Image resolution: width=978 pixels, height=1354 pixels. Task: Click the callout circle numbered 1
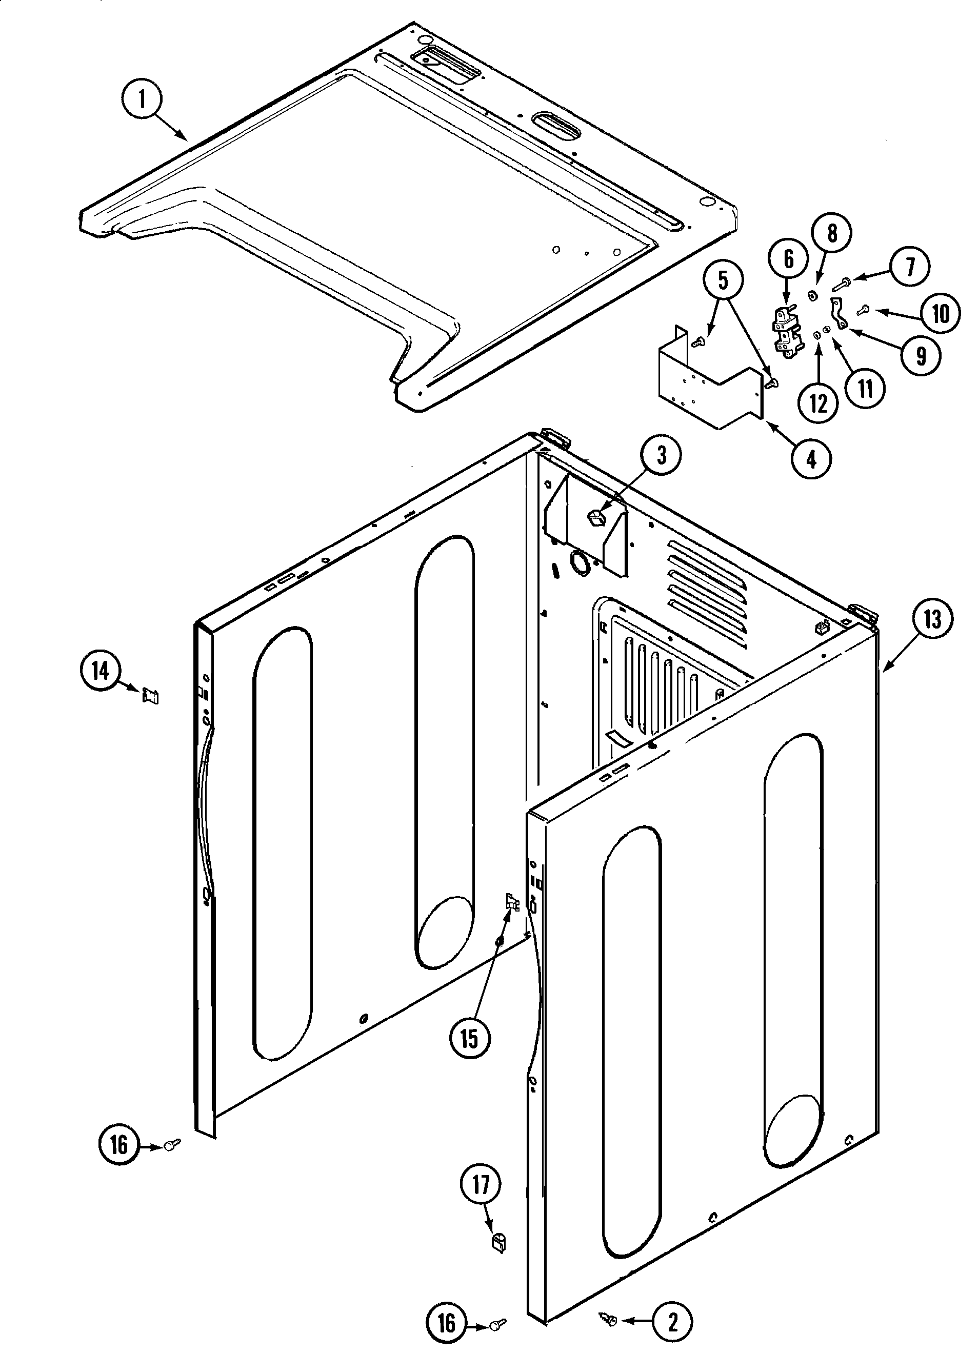click(142, 99)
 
